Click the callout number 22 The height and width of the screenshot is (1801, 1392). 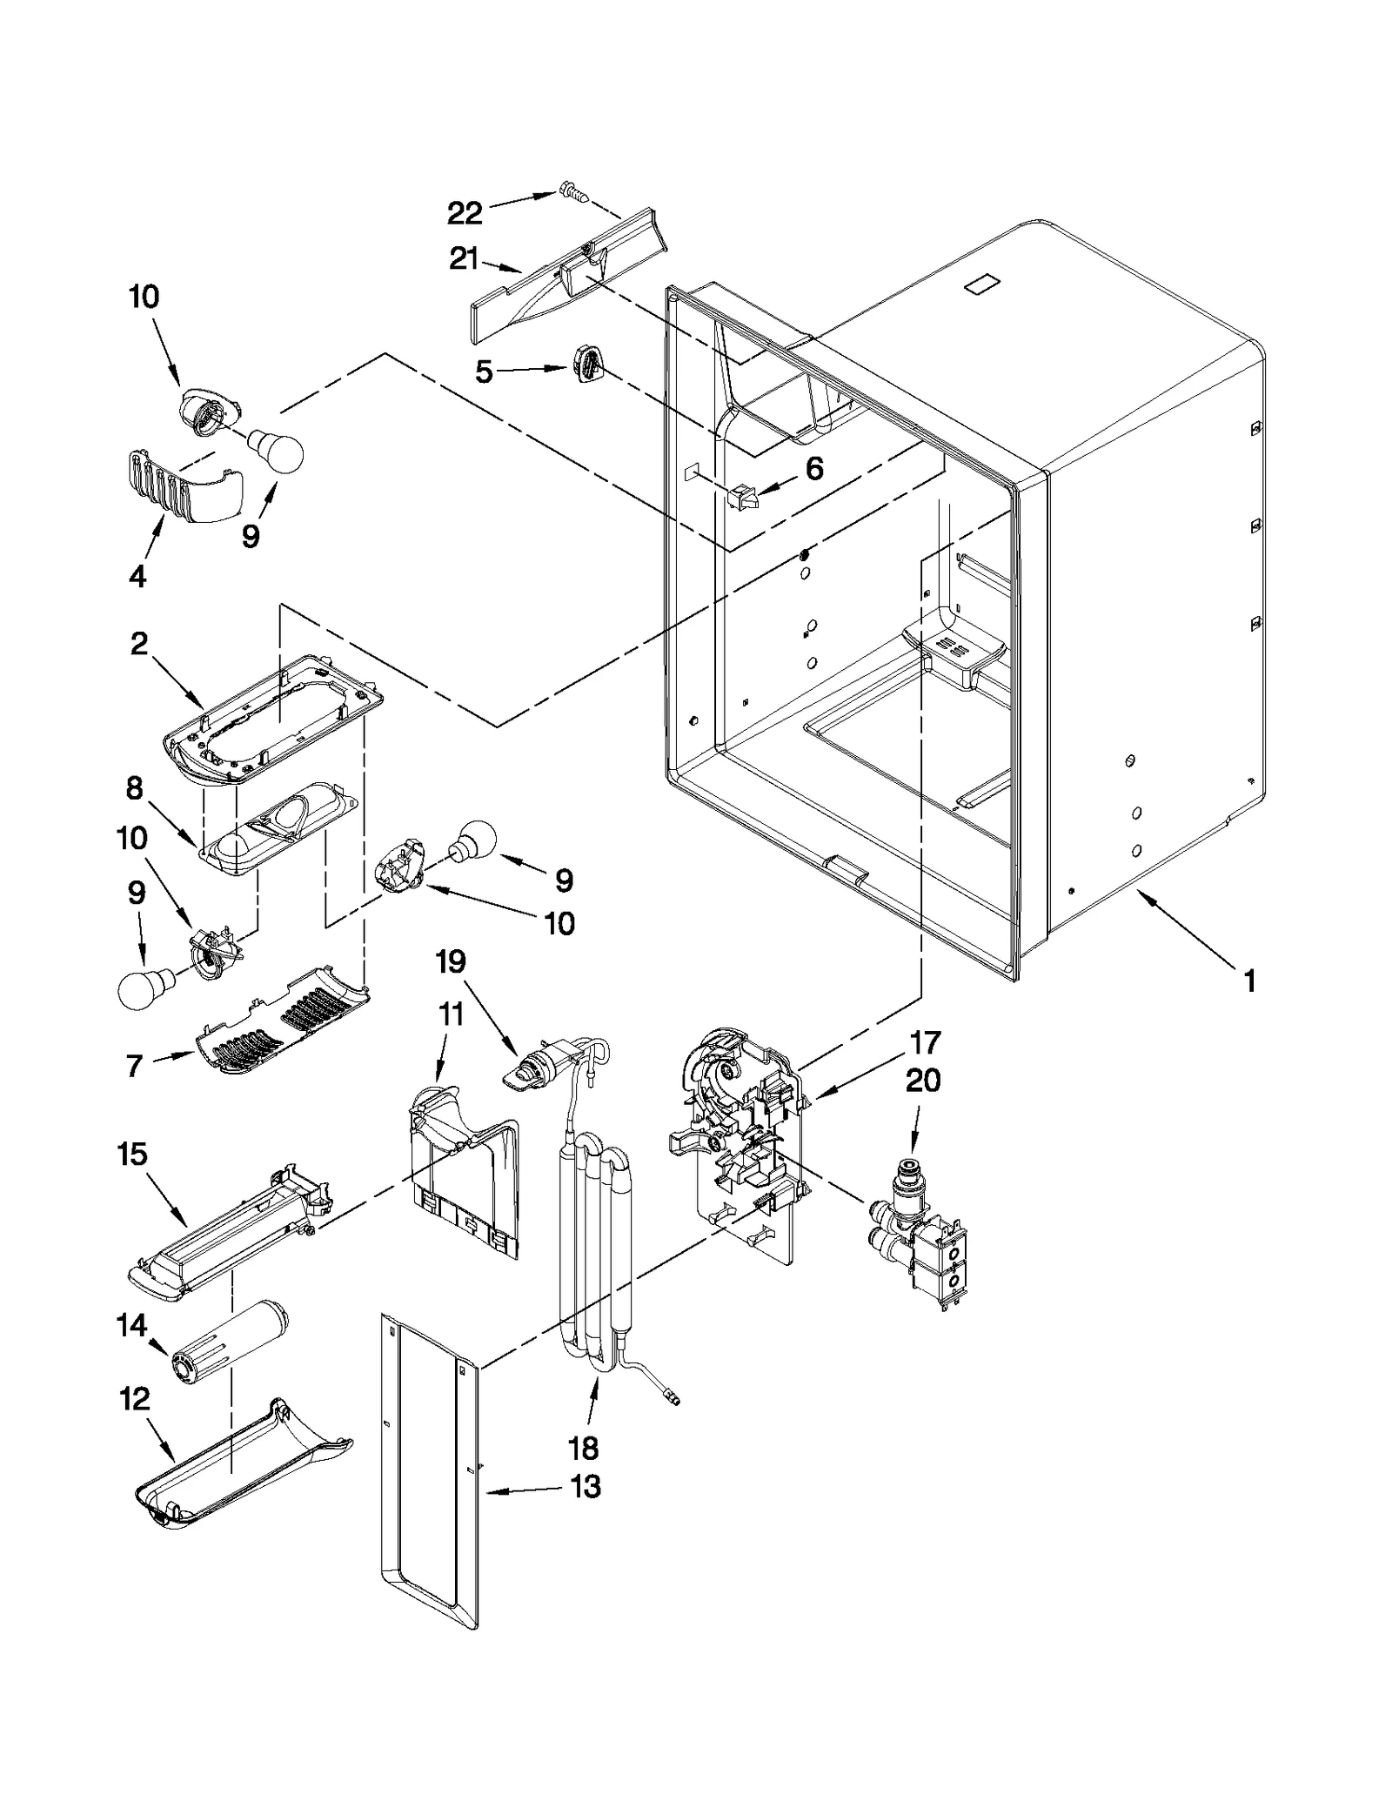[465, 212]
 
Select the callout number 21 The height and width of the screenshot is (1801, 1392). [465, 258]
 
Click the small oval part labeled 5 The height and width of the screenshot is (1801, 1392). [587, 361]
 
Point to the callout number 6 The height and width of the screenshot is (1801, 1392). [813, 469]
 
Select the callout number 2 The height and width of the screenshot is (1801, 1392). [139, 645]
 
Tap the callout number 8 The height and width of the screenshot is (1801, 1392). [134, 788]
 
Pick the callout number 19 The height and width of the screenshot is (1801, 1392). [451, 961]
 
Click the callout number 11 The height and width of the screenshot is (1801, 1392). [451, 1014]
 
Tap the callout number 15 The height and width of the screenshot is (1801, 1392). [132, 1155]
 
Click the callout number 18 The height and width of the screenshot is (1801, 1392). [583, 1448]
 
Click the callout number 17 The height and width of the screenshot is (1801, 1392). [925, 1041]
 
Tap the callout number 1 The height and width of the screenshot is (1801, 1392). [1249, 981]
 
